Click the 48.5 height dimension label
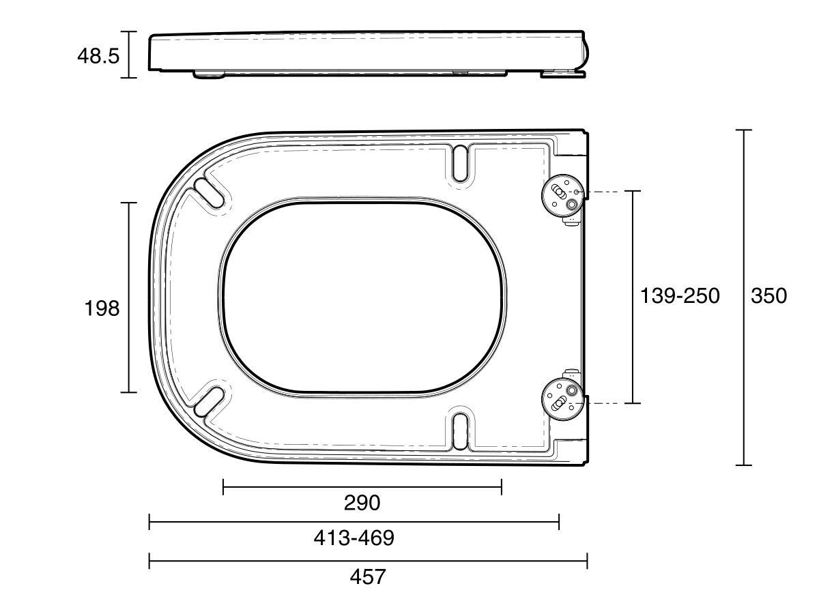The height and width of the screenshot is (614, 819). [x=98, y=55]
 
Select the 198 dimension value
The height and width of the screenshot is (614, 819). [x=102, y=308]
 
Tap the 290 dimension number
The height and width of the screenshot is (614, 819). [x=362, y=503]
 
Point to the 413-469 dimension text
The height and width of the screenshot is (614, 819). [x=354, y=538]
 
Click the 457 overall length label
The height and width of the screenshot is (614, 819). [x=368, y=577]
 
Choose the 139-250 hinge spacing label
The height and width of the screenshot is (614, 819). [x=680, y=295]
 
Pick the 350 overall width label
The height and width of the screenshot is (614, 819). [x=768, y=295]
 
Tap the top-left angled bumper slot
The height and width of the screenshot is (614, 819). [x=210, y=191]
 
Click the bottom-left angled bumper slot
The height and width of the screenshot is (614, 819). [x=210, y=401]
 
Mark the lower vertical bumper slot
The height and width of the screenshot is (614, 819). [x=461, y=430]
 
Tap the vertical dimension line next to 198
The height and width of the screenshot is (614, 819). [x=129, y=259]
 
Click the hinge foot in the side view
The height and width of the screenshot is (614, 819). [x=562, y=72]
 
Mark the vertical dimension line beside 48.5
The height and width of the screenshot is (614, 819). [x=129, y=55]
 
